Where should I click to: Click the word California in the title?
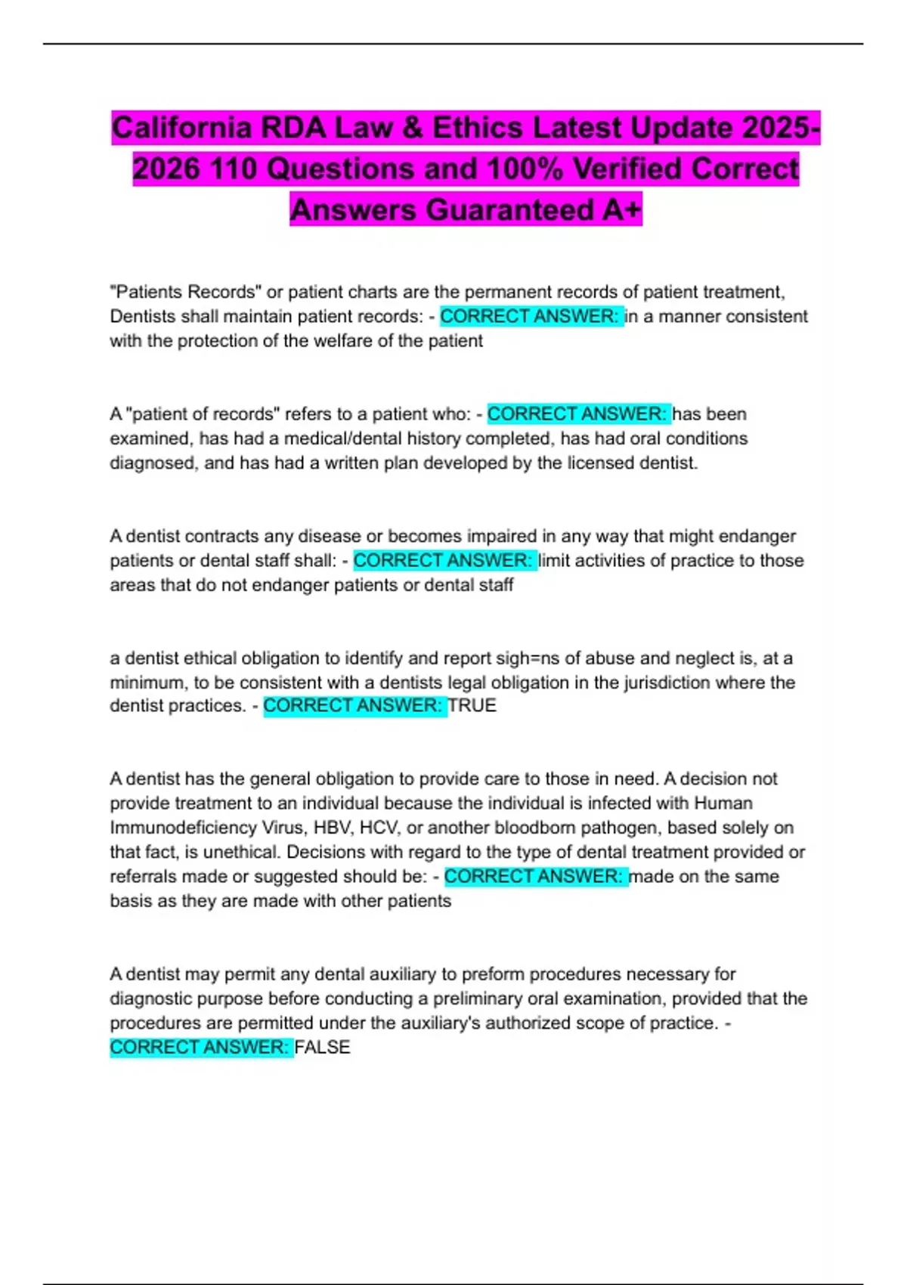pyautogui.click(x=181, y=128)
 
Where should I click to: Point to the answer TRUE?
pyautogui.click(x=472, y=706)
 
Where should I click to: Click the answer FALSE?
pyautogui.click(x=323, y=1048)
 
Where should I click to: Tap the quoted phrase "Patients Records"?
pyautogui.click(x=183, y=292)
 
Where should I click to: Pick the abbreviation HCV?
pyautogui.click(x=379, y=828)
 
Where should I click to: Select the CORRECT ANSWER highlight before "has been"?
pyautogui.click(x=577, y=414)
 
